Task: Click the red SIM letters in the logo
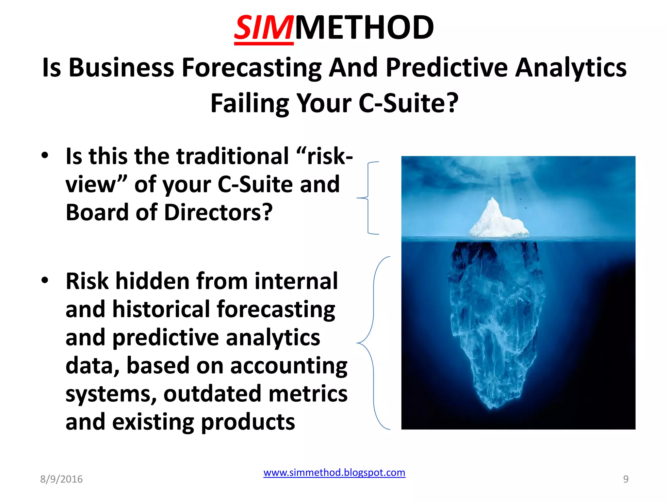coord(263,28)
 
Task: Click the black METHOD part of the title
coord(364,28)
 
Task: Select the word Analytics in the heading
coord(571,68)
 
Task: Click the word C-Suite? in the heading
coord(408,103)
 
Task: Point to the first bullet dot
coord(45,155)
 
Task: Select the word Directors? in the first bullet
coord(218,212)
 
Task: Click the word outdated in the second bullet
coord(212,393)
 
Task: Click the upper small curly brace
coord(368,198)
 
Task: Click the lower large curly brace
coord(373,343)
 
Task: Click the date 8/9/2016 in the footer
coord(61,479)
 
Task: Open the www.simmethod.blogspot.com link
coord(334,473)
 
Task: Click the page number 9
coord(626,479)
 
